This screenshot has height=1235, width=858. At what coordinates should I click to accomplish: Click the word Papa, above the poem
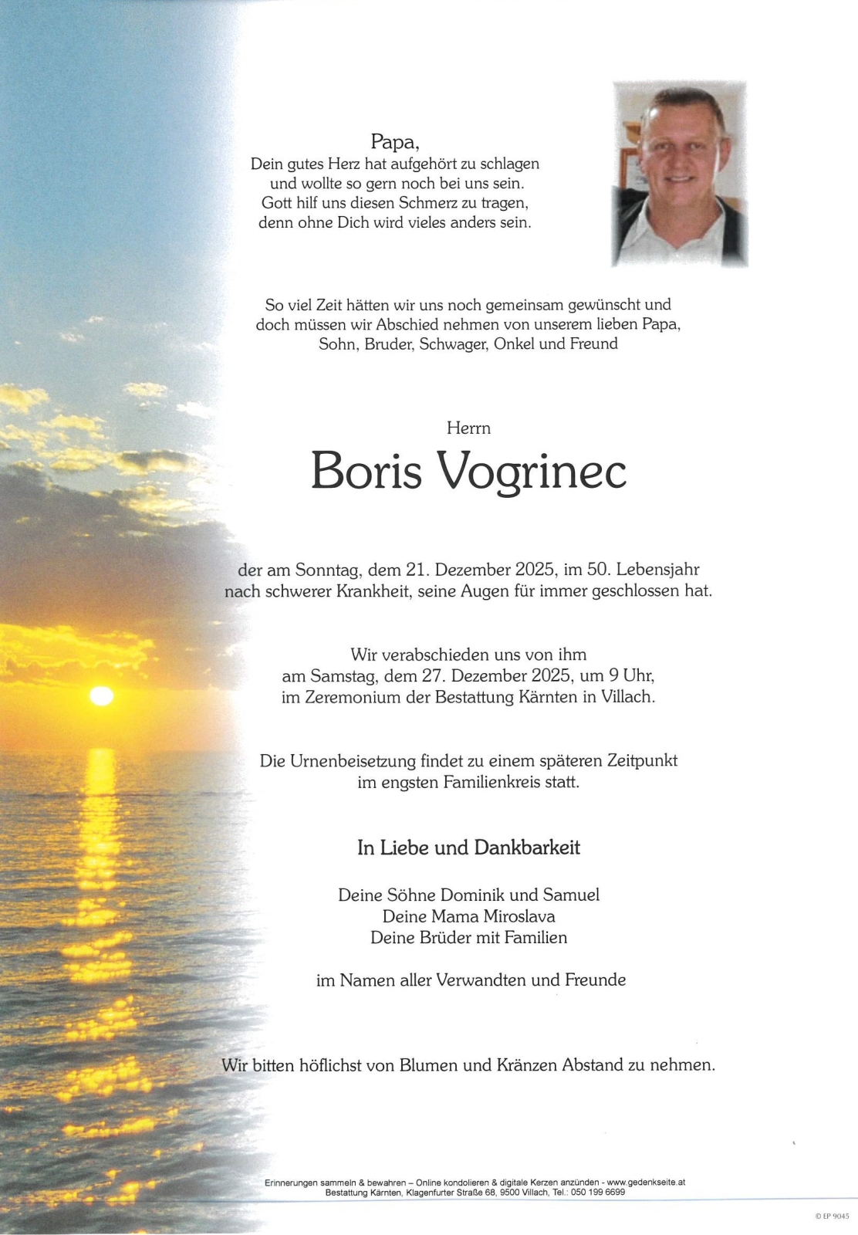point(394,142)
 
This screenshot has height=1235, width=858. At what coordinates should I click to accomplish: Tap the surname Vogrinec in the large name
point(532,470)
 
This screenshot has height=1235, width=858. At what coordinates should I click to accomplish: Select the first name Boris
point(366,470)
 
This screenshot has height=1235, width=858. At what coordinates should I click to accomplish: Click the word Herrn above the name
point(468,428)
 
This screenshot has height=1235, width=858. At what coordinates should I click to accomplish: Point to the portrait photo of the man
point(680,174)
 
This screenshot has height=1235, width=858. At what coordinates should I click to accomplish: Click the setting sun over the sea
point(101,695)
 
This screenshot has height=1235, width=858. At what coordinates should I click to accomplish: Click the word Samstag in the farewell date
point(343,676)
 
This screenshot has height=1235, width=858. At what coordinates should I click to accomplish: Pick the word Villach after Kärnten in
point(628,698)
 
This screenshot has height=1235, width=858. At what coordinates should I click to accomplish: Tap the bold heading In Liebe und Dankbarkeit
point(468,848)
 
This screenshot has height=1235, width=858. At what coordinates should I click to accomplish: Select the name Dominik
point(472,895)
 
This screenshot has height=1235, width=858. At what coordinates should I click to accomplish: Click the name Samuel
point(571,895)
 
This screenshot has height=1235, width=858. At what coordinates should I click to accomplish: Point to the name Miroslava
point(519,917)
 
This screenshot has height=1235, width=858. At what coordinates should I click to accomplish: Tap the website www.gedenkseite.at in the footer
point(646,1183)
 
